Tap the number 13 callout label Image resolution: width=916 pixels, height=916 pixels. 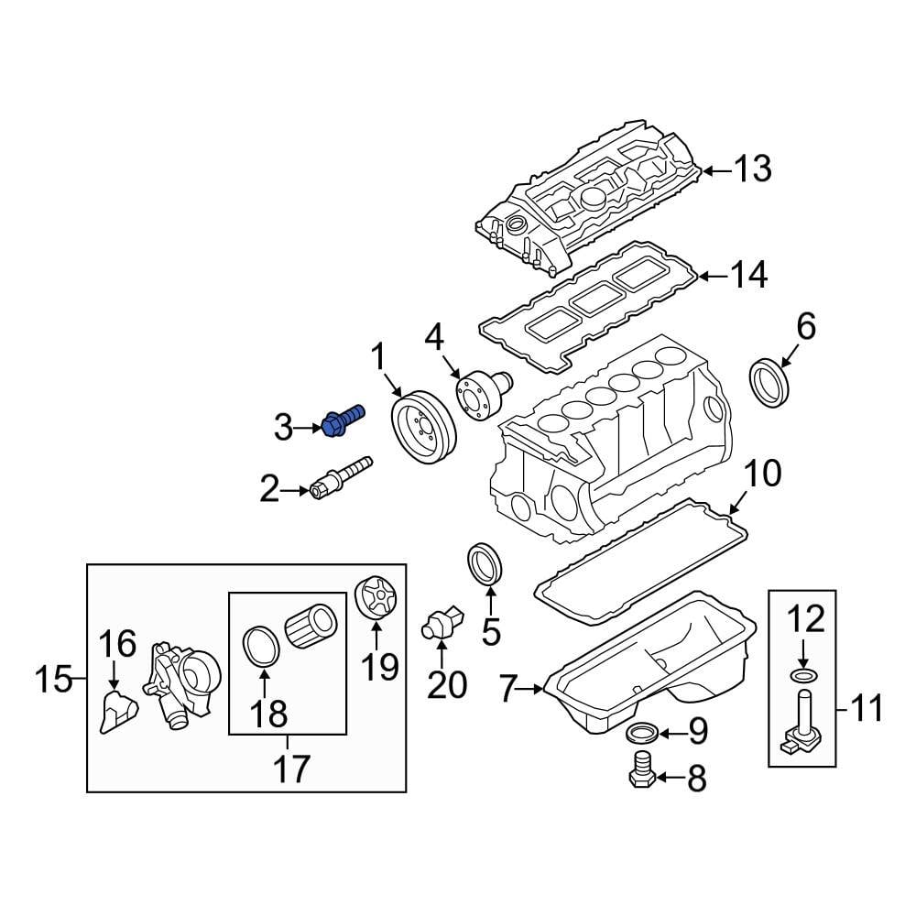pos(751,169)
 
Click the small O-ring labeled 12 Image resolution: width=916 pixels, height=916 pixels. pos(801,677)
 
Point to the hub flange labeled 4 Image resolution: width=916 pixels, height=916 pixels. pos(479,395)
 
